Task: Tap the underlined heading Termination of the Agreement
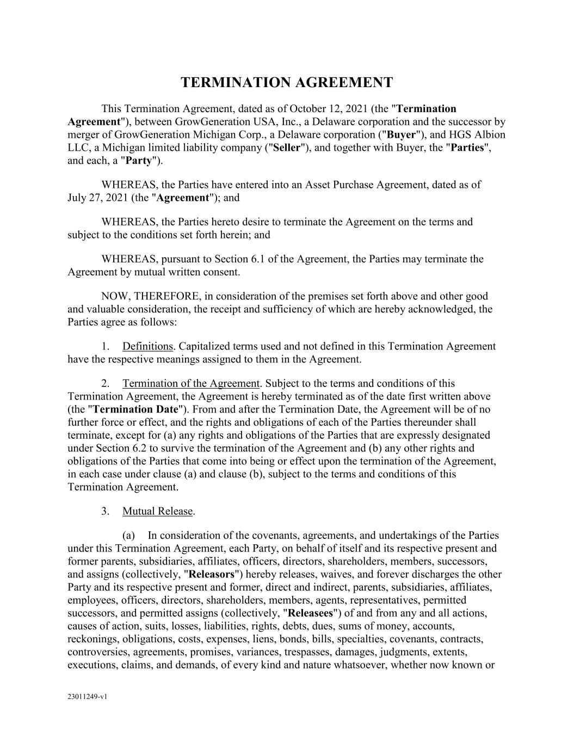tap(191, 384)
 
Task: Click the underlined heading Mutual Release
tap(158, 512)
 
